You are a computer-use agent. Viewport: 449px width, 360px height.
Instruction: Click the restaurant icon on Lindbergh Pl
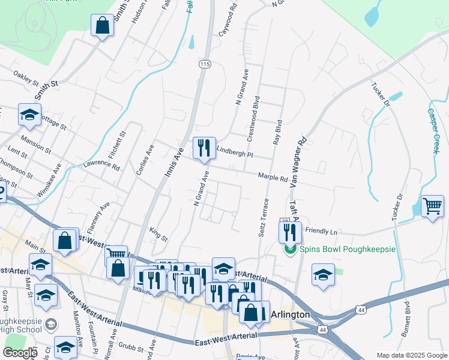(204, 148)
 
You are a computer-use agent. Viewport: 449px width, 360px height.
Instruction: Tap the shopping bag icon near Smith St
(102, 26)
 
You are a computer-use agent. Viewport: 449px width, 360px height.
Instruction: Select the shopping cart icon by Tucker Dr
(432, 206)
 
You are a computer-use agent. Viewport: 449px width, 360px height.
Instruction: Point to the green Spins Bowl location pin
(290, 249)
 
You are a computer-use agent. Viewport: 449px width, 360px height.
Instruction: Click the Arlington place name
(291, 314)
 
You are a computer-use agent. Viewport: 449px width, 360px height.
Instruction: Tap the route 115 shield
(205, 64)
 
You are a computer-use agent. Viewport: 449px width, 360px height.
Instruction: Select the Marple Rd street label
(273, 177)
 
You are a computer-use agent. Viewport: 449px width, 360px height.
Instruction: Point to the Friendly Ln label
(322, 230)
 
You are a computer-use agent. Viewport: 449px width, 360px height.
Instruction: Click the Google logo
(20, 352)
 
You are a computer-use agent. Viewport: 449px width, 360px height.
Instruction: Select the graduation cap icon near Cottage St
(29, 115)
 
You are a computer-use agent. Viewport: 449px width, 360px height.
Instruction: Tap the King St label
(158, 234)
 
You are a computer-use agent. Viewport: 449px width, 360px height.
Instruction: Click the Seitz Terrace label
(264, 217)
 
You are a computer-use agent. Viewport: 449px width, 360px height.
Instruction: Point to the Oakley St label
(26, 79)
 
